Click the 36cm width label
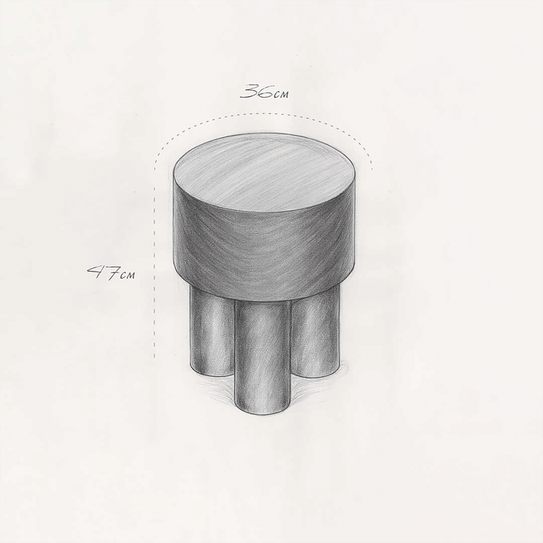[265, 92]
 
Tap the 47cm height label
[111, 273]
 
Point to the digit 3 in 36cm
[249, 92]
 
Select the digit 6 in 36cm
[265, 92]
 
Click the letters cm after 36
[281, 94]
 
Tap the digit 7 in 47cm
[111, 273]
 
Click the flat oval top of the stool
[265, 172]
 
